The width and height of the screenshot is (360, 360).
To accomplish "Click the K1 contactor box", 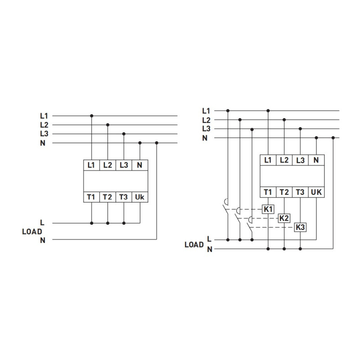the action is pyautogui.click(x=268, y=209).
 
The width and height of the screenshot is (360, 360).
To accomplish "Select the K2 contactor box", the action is pyautogui.click(x=284, y=218).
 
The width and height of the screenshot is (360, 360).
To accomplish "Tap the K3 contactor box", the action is pyautogui.click(x=300, y=227).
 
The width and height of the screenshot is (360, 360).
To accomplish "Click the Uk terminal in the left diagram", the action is pyautogui.click(x=140, y=197).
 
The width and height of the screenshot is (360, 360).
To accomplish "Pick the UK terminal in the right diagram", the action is pyautogui.click(x=316, y=192).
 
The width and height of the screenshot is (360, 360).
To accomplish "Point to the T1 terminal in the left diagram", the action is pyautogui.click(x=91, y=197).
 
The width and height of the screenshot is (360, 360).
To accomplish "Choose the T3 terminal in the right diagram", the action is pyautogui.click(x=300, y=192).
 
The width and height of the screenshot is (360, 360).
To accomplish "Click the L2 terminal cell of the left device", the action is pyautogui.click(x=108, y=165).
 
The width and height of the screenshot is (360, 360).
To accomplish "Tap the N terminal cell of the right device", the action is pyautogui.click(x=316, y=160).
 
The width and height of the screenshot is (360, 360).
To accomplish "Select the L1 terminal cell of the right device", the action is pyautogui.click(x=268, y=160).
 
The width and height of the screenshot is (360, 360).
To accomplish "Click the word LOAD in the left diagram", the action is pyautogui.click(x=32, y=232).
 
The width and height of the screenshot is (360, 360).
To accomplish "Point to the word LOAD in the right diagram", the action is pyautogui.click(x=194, y=245).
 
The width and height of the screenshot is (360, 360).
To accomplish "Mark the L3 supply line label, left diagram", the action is pyautogui.click(x=44, y=134).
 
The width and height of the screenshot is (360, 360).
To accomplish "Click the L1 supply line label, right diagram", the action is pyautogui.click(x=206, y=111).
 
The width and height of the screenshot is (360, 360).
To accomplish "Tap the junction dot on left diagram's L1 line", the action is pyautogui.click(x=92, y=116).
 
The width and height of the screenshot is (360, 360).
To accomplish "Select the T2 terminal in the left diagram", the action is pyautogui.click(x=108, y=197).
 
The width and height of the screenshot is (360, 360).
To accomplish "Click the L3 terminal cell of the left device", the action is pyautogui.click(x=124, y=165).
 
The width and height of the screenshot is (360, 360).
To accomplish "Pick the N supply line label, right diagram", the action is pyautogui.click(x=205, y=138).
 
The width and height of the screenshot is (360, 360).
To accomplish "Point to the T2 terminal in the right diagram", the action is pyautogui.click(x=284, y=192).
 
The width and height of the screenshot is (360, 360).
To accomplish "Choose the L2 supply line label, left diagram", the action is pyautogui.click(x=44, y=125).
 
